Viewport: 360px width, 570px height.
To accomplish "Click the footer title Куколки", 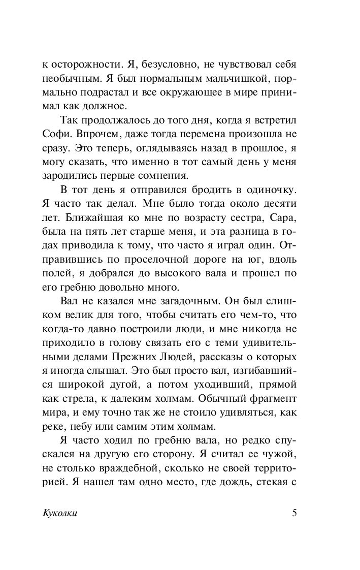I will point(60,513).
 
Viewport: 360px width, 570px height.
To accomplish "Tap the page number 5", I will point(294,513).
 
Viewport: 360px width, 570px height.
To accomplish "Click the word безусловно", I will point(152,66).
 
